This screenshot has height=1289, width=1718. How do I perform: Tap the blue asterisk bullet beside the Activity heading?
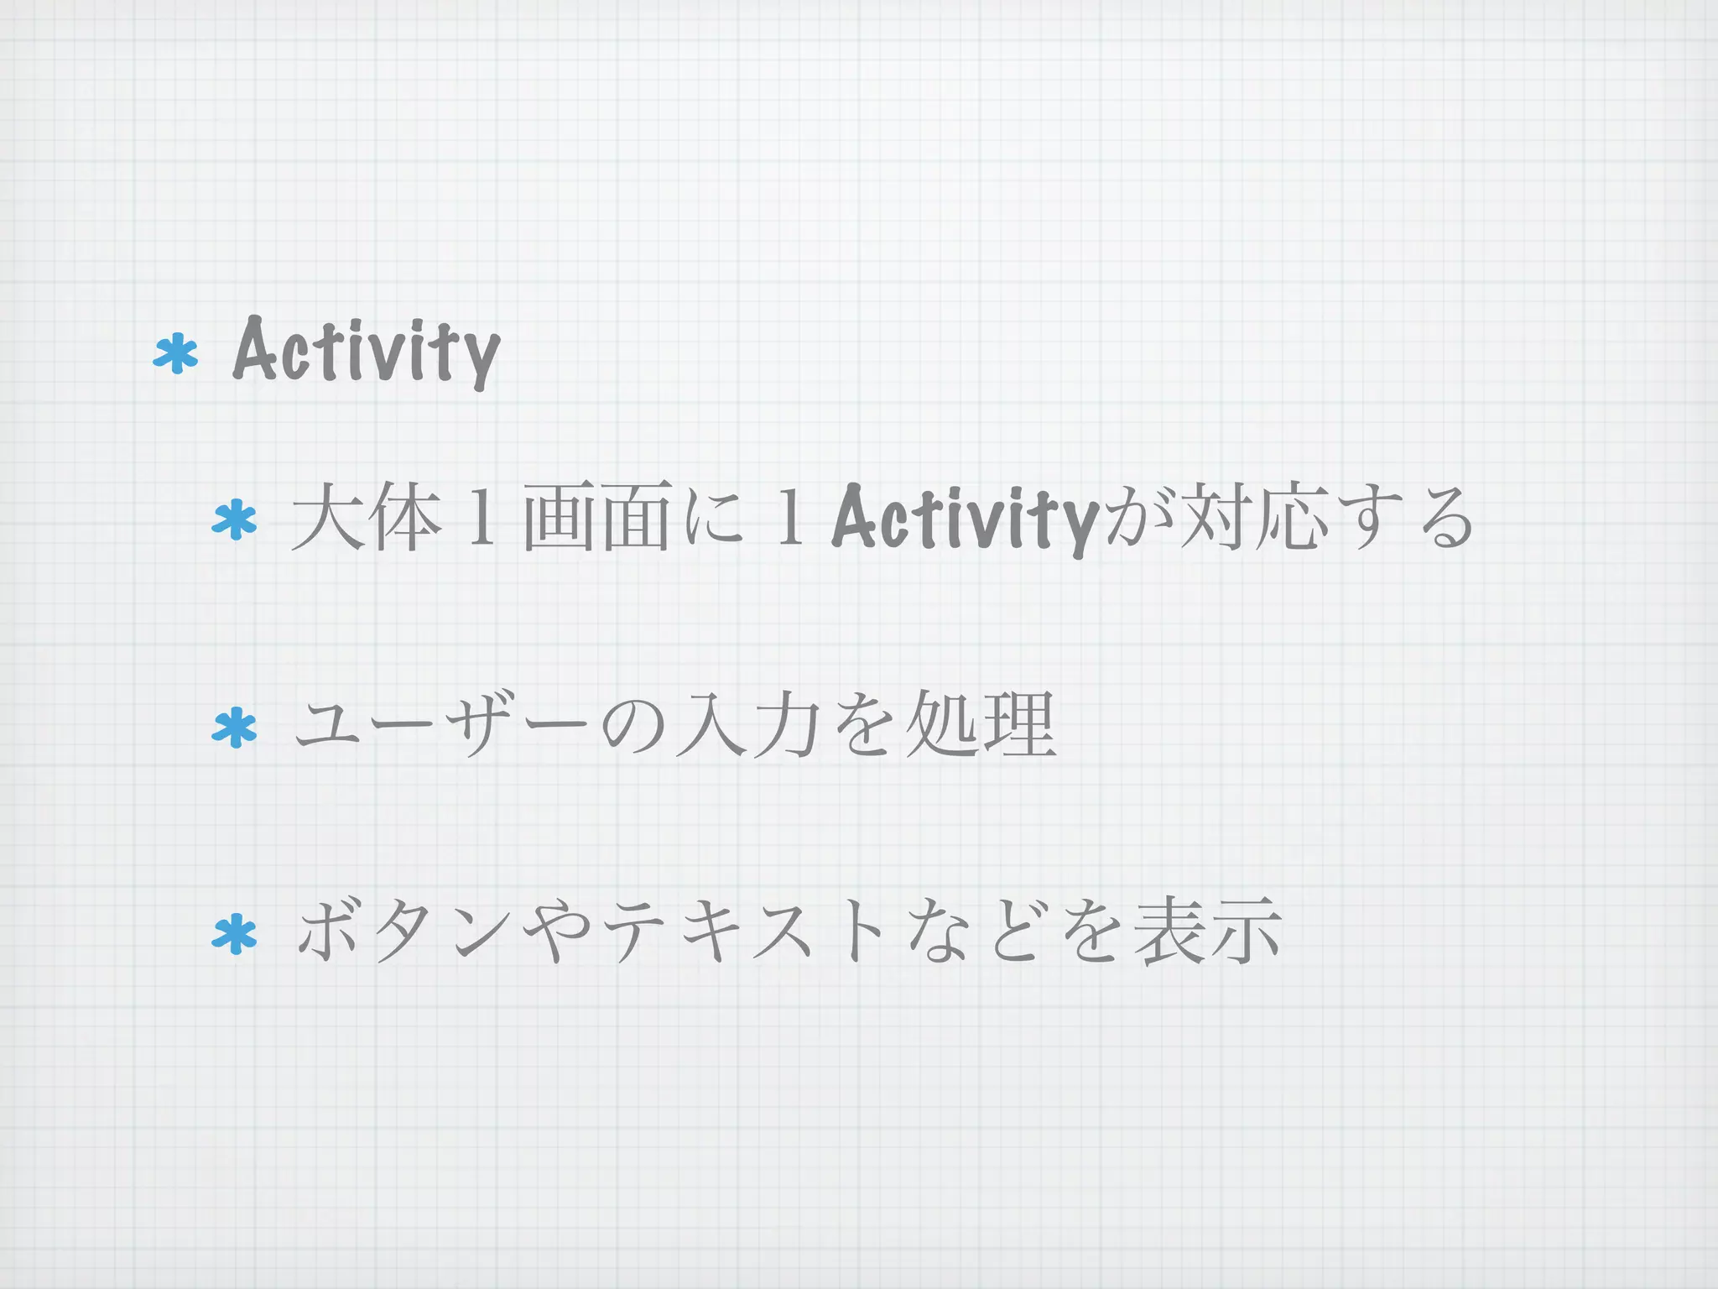(x=176, y=353)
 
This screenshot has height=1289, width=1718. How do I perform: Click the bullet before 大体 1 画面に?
(x=235, y=519)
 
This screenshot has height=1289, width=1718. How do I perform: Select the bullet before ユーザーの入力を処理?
(x=235, y=727)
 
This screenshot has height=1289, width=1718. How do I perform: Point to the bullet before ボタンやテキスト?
(x=235, y=934)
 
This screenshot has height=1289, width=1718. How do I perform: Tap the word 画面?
(x=596, y=517)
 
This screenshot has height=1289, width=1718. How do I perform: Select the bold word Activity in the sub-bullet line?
(x=965, y=519)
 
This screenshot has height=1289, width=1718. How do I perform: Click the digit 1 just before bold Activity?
(x=788, y=519)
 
